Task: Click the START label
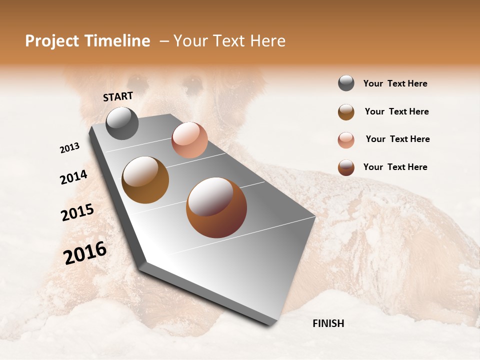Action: coord(118,96)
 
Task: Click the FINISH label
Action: coord(328,323)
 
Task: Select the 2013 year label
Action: coord(69,148)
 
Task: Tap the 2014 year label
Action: coord(73,177)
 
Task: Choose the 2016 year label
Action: coord(85,253)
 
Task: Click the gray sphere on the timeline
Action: coord(122,123)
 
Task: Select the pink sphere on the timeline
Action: coord(189,140)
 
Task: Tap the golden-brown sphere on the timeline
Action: coord(145,179)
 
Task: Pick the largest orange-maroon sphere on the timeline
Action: coord(216,207)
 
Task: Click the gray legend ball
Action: coord(346,83)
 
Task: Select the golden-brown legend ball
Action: coord(346,112)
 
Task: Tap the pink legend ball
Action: coord(346,140)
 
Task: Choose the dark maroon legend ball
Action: coord(346,167)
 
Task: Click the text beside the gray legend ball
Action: coord(395,84)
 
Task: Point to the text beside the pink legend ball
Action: coord(397,139)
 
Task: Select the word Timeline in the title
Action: coord(117,41)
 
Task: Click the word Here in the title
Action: coord(267,41)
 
